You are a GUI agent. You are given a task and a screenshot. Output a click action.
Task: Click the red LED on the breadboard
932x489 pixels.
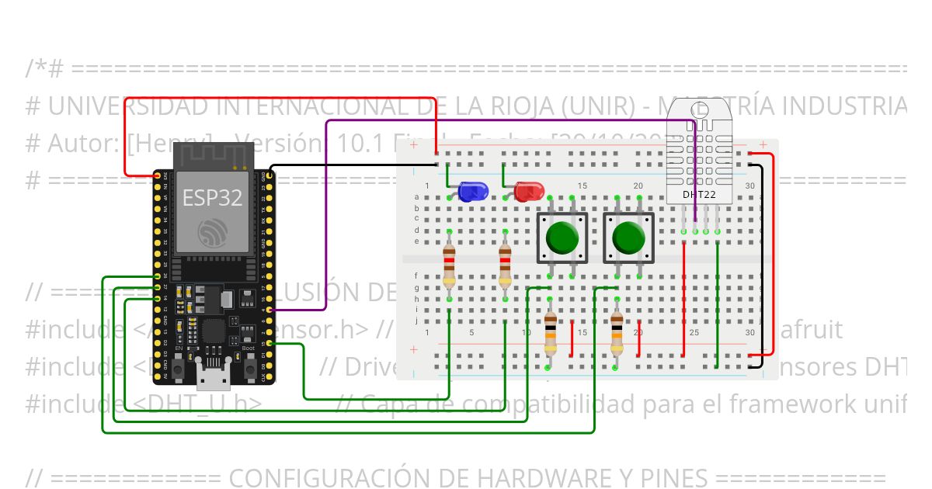(528, 191)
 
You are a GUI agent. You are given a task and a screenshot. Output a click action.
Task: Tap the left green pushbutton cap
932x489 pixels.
(561, 238)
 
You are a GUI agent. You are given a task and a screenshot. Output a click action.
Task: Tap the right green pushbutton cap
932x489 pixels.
(628, 238)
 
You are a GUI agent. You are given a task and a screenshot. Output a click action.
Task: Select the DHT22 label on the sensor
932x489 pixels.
(699, 194)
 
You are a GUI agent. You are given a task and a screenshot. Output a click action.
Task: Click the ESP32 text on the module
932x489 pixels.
(212, 197)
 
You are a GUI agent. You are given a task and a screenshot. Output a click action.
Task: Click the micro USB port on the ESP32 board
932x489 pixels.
(212, 380)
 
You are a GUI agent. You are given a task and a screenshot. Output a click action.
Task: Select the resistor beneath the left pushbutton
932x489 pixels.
(550, 331)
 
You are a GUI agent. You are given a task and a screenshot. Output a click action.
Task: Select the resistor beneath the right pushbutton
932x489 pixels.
(617, 331)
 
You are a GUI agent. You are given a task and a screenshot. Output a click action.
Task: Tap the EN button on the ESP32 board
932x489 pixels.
(178, 368)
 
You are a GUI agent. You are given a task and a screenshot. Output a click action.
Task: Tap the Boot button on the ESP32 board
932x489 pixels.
(249, 368)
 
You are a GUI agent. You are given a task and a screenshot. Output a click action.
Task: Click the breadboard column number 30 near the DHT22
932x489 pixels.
(749, 186)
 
